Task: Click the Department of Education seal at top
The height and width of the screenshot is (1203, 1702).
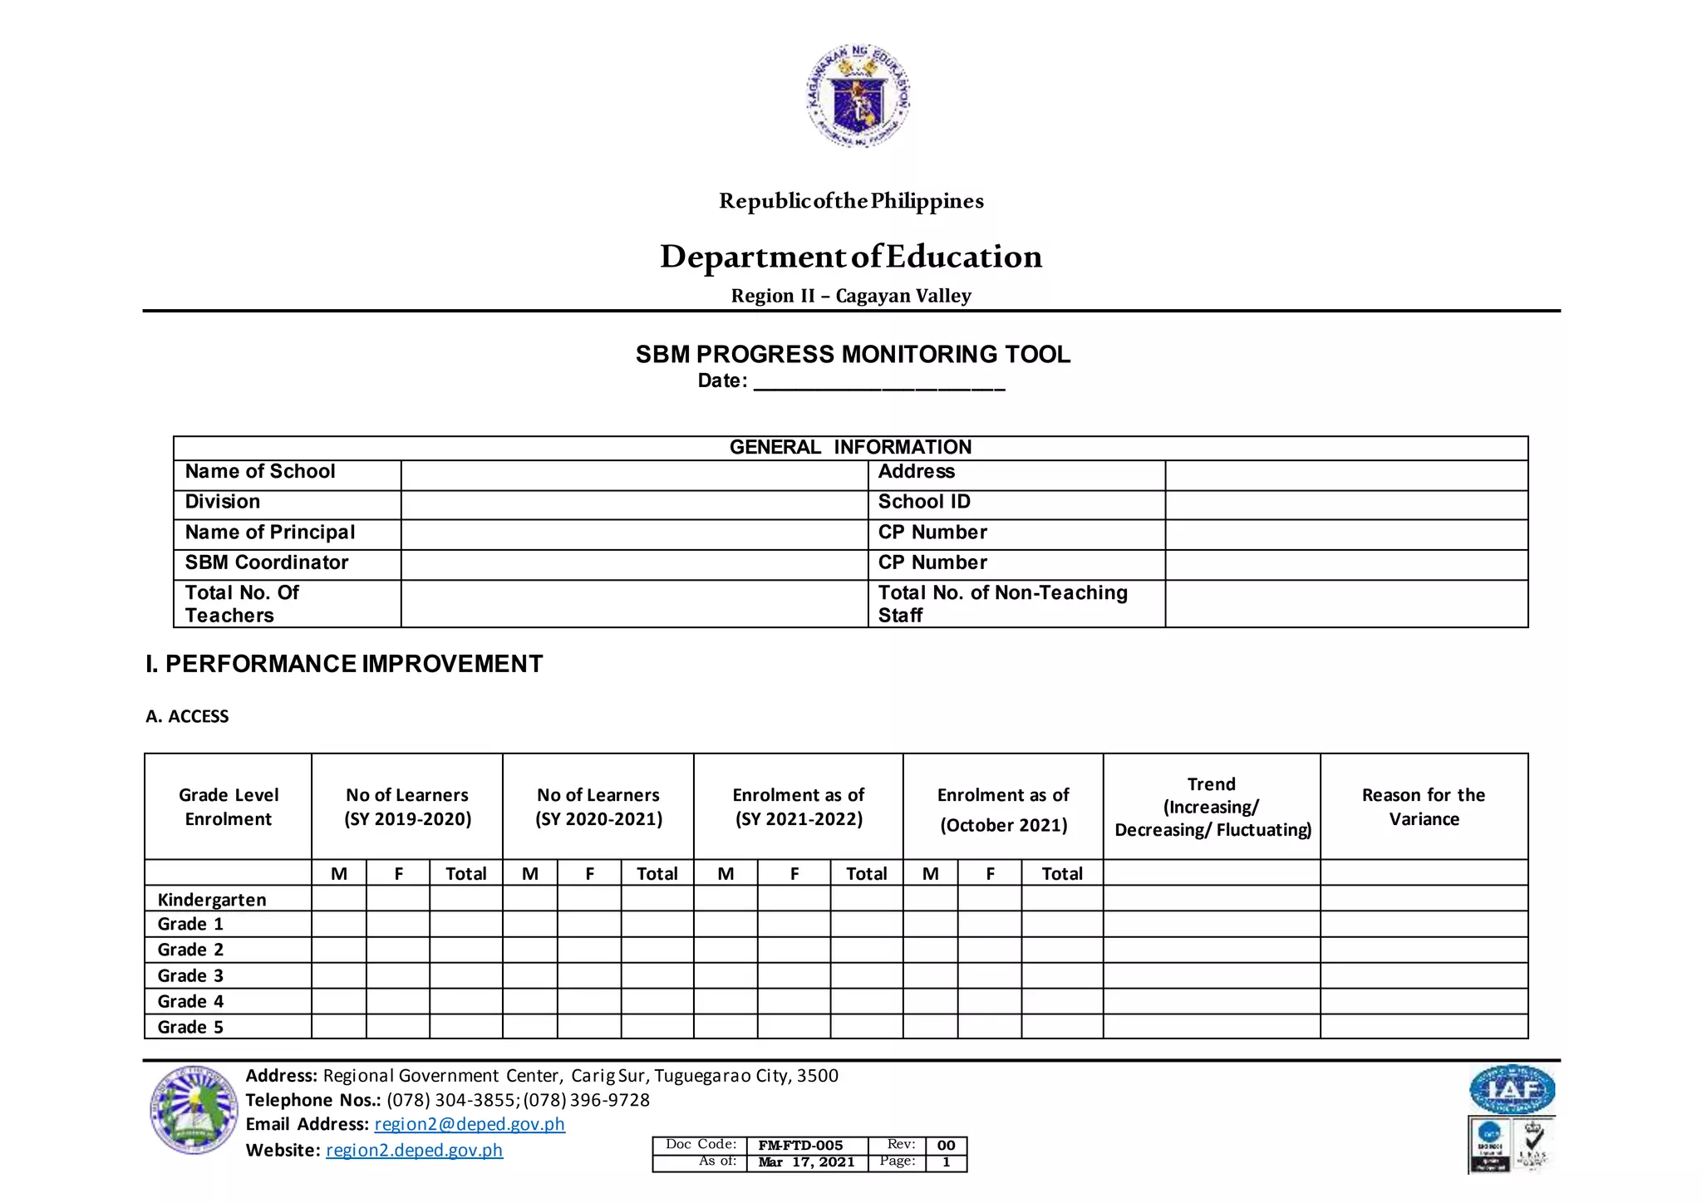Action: (x=858, y=96)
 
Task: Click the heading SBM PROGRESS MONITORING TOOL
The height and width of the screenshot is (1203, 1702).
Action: (x=853, y=355)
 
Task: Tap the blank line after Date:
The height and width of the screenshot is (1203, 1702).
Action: (x=878, y=384)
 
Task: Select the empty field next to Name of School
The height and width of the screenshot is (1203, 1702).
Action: (x=633, y=475)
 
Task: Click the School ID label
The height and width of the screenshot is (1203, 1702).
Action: (x=924, y=502)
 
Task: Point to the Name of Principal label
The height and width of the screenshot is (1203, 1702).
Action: (x=269, y=533)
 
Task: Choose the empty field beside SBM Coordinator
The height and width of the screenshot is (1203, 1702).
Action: (x=633, y=564)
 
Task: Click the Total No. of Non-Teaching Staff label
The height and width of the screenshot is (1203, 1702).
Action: (x=1002, y=603)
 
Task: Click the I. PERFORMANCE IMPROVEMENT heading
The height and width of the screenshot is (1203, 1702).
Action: (x=344, y=664)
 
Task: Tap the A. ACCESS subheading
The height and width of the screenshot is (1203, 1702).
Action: (x=187, y=716)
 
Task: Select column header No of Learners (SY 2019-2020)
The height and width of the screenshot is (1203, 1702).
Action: (x=407, y=807)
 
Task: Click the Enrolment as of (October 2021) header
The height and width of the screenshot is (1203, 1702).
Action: (x=1003, y=809)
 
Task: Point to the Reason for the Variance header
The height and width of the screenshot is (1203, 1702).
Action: (x=1423, y=807)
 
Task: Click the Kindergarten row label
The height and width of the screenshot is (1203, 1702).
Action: (x=212, y=900)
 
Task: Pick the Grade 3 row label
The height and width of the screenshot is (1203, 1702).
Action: (x=190, y=975)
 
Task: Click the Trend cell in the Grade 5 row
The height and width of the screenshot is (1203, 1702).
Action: (x=1211, y=1027)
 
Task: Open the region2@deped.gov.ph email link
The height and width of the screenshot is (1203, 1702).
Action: (x=470, y=1124)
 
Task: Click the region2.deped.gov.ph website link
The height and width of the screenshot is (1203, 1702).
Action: (x=414, y=1150)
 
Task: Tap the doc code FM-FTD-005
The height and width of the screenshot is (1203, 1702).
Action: (x=800, y=1146)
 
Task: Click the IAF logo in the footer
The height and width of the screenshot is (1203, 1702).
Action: (x=1511, y=1089)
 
